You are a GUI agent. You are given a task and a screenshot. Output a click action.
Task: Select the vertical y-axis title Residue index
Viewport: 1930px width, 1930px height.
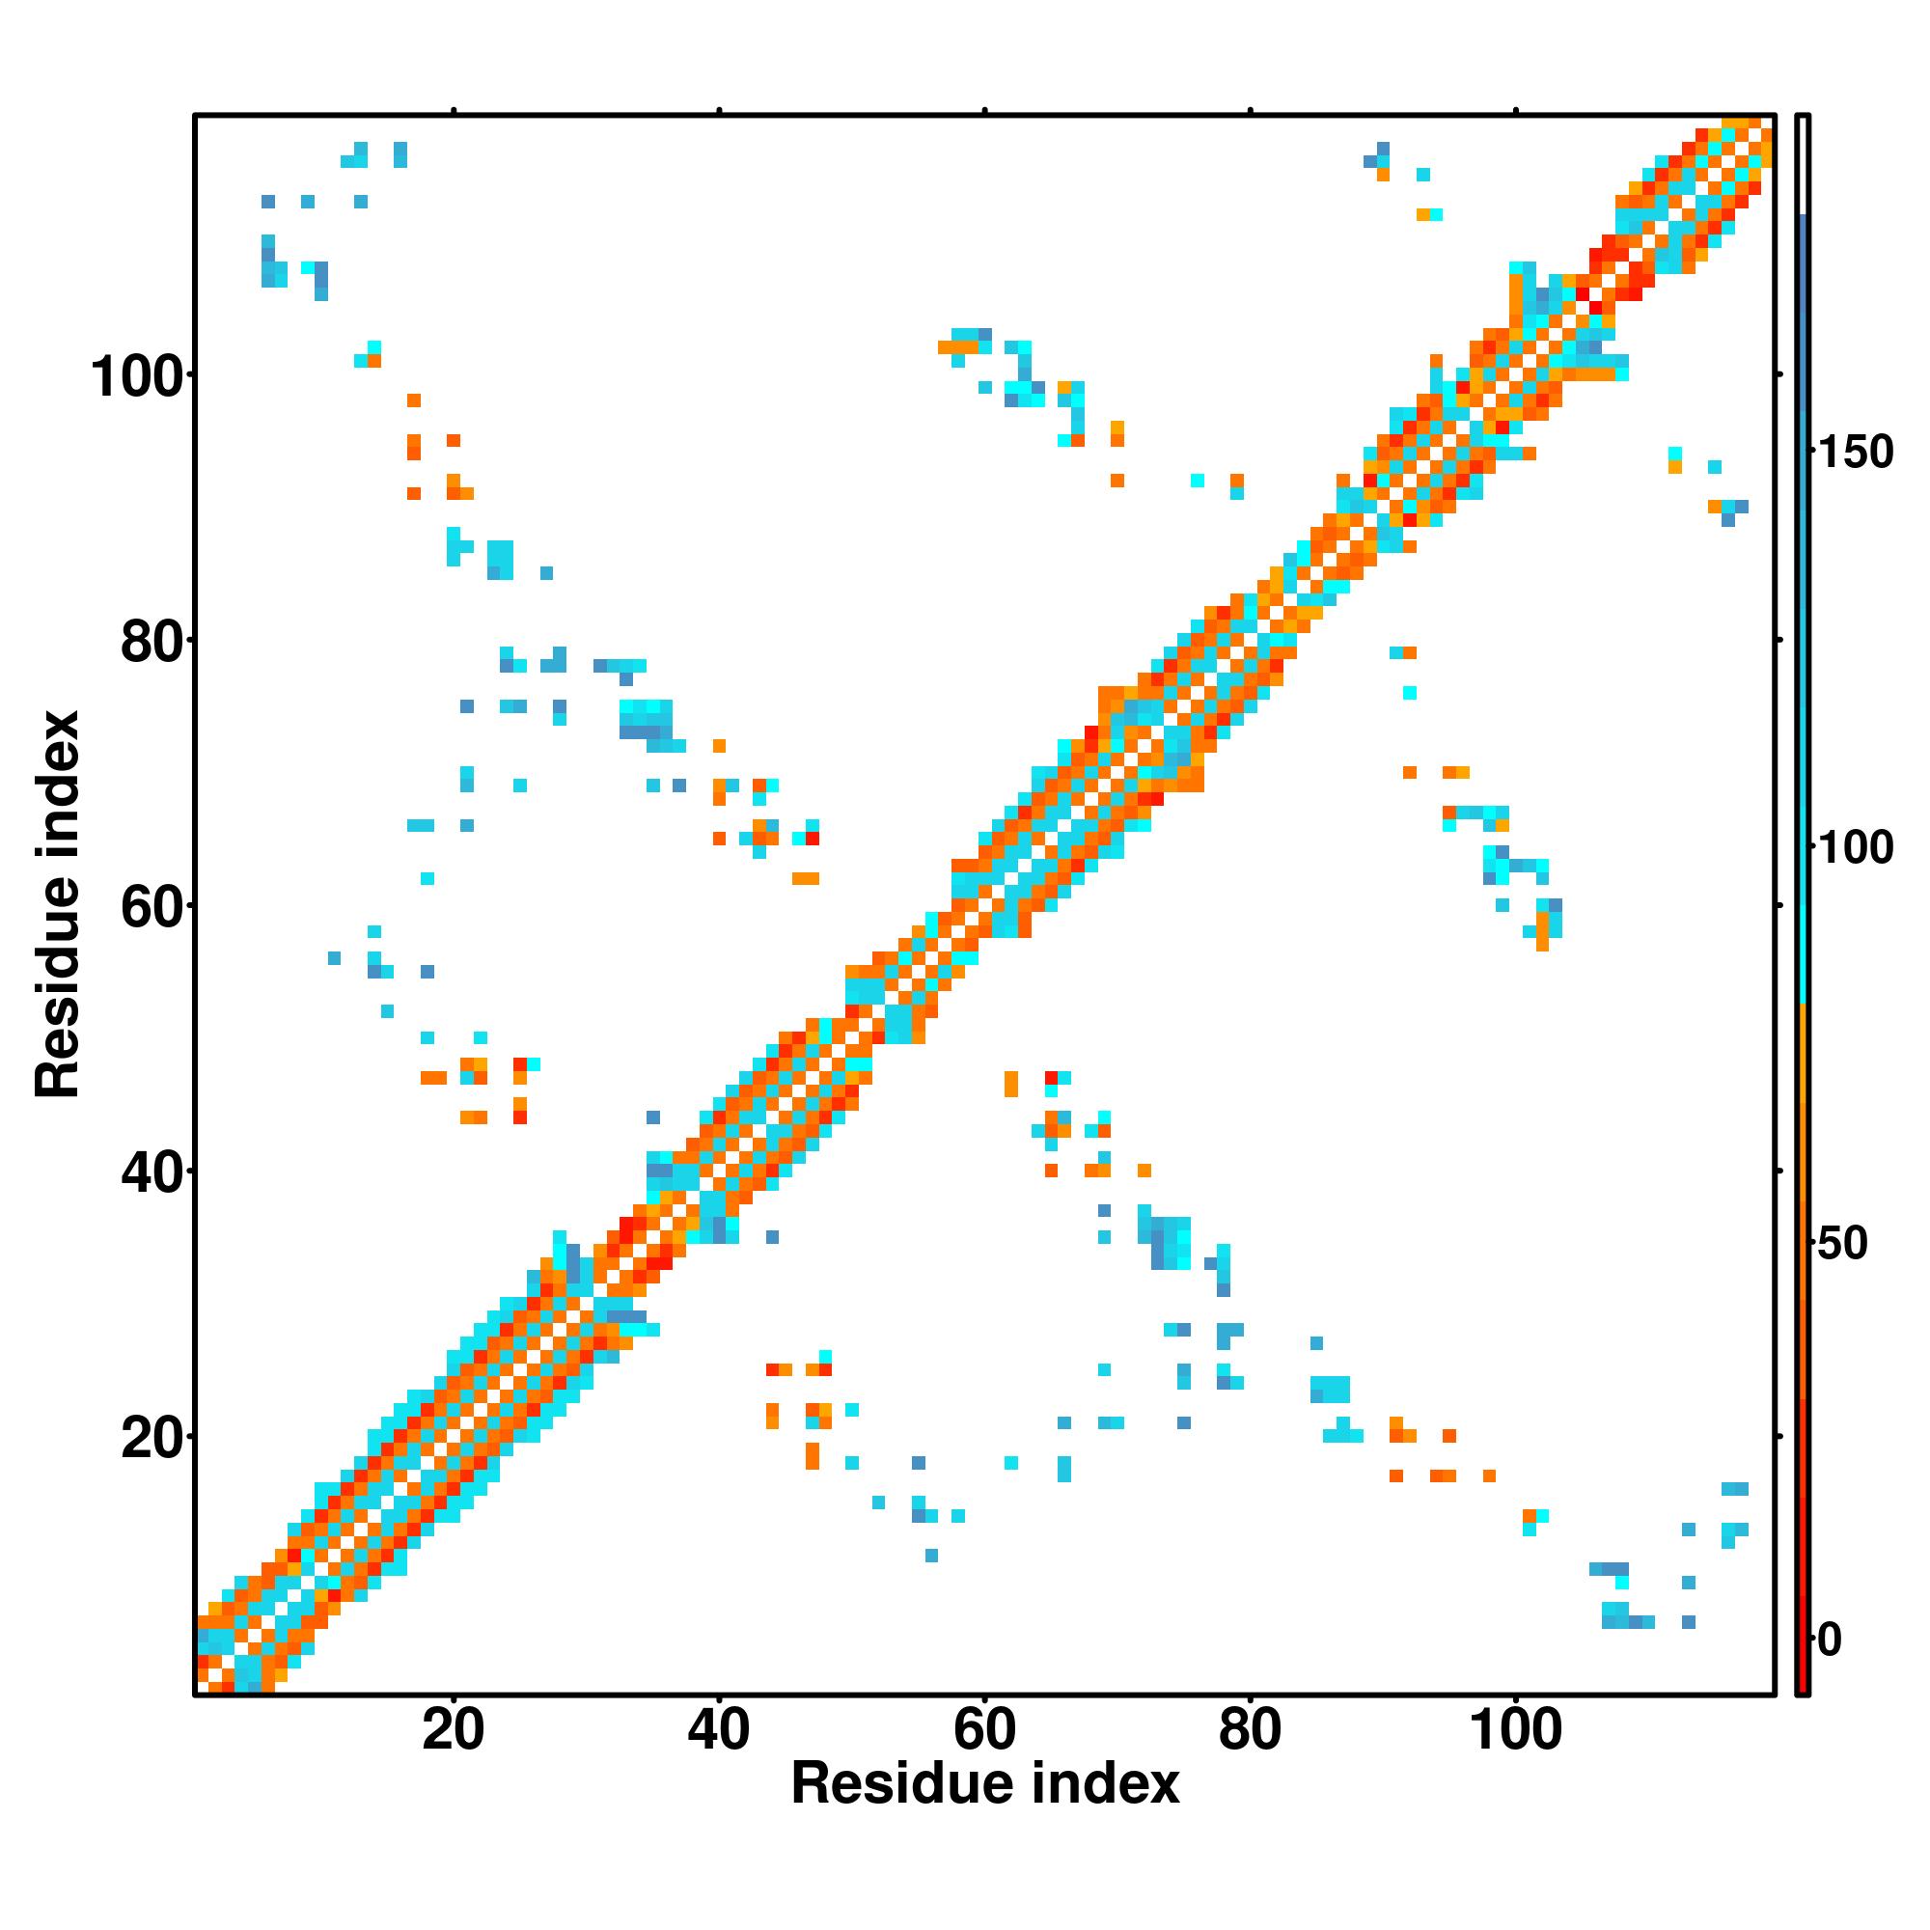pos(58,905)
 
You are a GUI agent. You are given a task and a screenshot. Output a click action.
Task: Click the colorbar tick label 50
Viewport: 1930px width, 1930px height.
pos(1842,1245)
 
